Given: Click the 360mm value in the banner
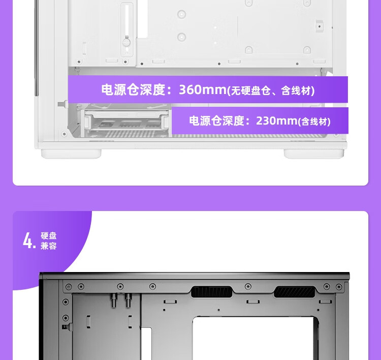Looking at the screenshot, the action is point(203,89).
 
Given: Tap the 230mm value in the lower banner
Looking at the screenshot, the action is point(277,121).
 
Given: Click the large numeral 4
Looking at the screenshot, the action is point(29,241).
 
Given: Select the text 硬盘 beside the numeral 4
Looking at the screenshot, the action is point(49,236).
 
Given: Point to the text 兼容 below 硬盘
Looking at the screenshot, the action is point(49,246).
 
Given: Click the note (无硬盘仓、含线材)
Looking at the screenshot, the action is point(271,91).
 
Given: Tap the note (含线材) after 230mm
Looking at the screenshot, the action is point(314,122).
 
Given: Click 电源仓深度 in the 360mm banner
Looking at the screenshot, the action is point(134,89).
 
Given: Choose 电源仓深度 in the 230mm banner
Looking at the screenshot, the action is point(217,121).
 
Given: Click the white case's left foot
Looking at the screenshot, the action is point(71,154).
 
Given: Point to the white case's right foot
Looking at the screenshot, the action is point(314,154).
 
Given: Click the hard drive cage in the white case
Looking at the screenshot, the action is point(126,121).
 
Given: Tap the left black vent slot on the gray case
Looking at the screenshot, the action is point(212,292).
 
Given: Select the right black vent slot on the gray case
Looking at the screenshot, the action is point(294,292).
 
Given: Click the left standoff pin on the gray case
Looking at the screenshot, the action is point(113,300).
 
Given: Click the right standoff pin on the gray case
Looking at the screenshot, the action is point(128,300).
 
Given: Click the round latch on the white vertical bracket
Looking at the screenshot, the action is point(126,43).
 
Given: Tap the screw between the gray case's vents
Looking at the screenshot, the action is point(248,286).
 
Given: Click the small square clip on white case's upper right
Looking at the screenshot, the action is point(320,26).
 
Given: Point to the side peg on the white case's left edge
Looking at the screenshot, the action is point(62,104).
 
